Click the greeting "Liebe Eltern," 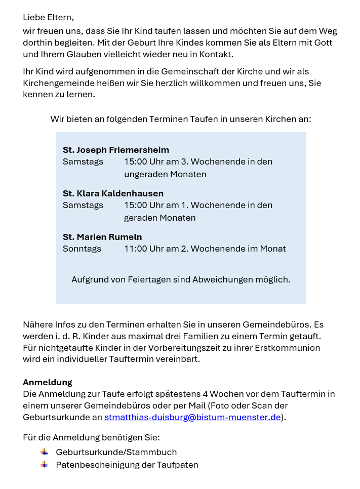point(48,18)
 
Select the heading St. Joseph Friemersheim point(116,150)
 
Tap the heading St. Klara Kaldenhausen point(113,193)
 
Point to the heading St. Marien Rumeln point(102,237)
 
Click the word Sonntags point(82,249)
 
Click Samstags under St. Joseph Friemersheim point(83,161)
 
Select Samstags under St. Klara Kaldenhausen point(83,205)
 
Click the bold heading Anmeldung point(48,382)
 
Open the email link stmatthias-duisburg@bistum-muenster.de point(192,417)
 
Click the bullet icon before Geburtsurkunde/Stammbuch point(45,452)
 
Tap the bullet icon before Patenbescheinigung point(45,464)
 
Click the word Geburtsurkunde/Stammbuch point(116,452)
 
